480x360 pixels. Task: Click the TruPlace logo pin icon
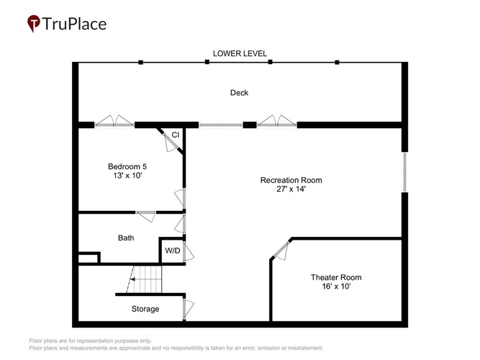click(34, 23)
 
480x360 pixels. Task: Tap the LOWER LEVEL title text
click(240, 53)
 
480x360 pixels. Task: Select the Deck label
click(239, 93)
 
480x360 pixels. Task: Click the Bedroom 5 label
click(127, 166)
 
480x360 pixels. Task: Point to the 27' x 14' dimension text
click(291, 189)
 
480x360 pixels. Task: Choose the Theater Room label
click(336, 277)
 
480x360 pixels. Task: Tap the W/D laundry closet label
click(173, 251)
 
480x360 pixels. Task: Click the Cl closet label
click(175, 135)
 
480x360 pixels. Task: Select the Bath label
click(126, 238)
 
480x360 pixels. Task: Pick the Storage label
click(145, 309)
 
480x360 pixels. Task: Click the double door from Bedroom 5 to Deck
click(114, 122)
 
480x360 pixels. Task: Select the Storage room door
click(188, 310)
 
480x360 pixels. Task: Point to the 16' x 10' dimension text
click(336, 286)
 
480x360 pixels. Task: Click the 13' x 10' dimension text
click(127, 176)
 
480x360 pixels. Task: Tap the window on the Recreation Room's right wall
click(404, 172)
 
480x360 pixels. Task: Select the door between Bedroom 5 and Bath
click(145, 216)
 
